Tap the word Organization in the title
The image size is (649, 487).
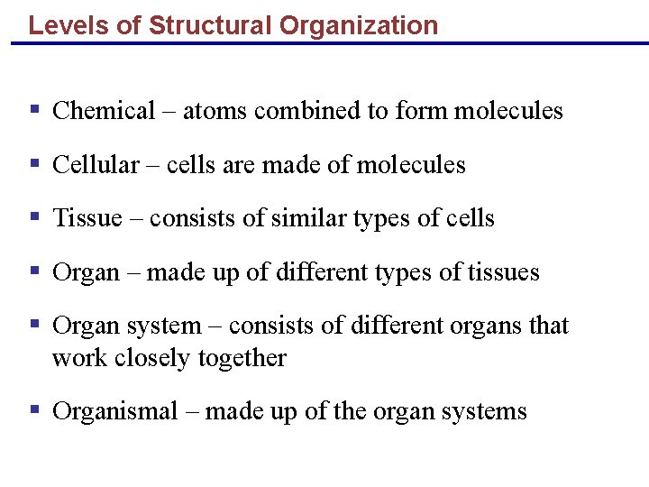(359, 25)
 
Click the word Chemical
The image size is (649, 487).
(105, 111)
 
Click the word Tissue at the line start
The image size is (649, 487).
(87, 218)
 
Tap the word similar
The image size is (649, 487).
(313, 218)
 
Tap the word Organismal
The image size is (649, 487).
(114, 411)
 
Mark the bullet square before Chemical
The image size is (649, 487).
(34, 110)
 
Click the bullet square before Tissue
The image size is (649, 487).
(34, 217)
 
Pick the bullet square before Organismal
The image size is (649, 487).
(34, 410)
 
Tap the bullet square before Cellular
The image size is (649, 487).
(34, 164)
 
